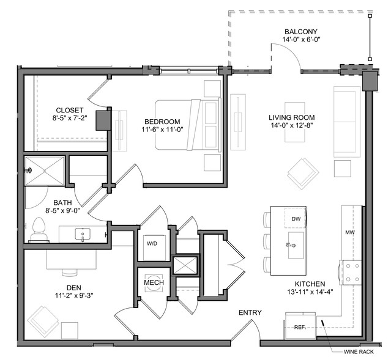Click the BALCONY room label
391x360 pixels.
click(x=301, y=32)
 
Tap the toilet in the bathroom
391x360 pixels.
click(x=39, y=229)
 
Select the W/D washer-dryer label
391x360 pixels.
click(x=152, y=244)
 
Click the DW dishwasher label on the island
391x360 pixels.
click(x=296, y=219)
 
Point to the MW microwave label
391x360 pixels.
click(x=350, y=233)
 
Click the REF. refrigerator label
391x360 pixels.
click(x=300, y=328)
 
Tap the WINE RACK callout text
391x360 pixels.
click(x=359, y=352)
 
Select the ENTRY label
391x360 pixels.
click(x=250, y=312)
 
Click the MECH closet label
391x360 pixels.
click(x=154, y=282)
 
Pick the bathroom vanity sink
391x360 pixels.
click(x=83, y=235)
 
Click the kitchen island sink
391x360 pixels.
click(x=296, y=245)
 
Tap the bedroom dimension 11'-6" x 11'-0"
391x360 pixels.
click(x=162, y=130)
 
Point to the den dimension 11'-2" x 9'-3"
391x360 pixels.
click(x=74, y=296)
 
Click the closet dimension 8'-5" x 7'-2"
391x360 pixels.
click(x=70, y=118)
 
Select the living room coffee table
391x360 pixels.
click(x=295, y=122)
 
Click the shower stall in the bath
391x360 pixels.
click(x=45, y=171)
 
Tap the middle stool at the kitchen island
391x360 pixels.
click(x=267, y=241)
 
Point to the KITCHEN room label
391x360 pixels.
click(x=310, y=284)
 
